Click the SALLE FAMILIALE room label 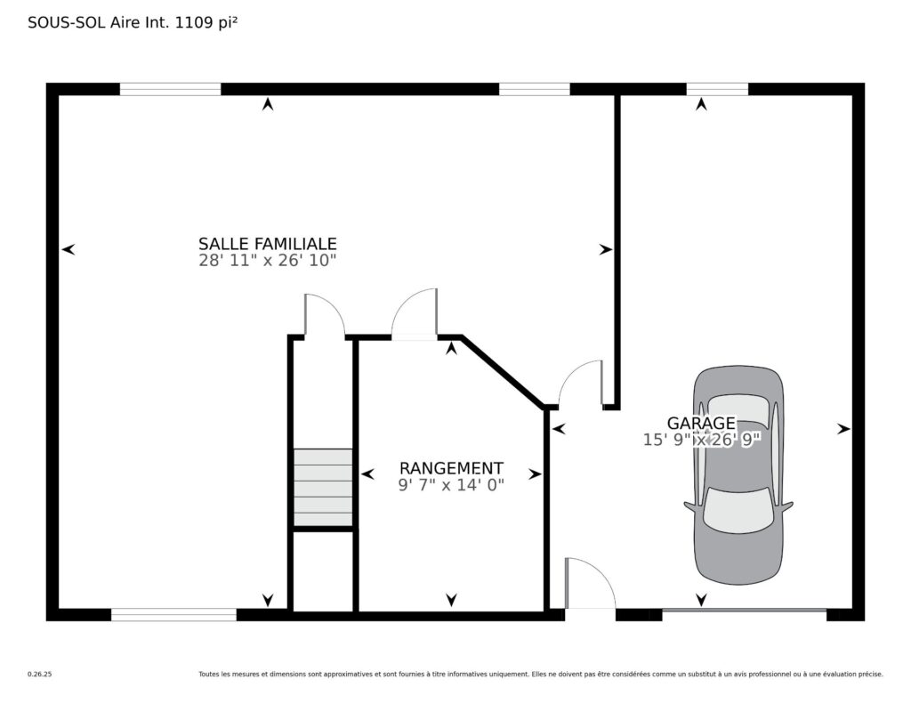pyautogui.click(x=267, y=244)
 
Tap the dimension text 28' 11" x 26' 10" pyautogui.click(x=267, y=261)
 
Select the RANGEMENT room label pyautogui.click(x=451, y=468)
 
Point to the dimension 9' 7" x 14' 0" pyautogui.click(x=451, y=485)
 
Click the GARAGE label pyautogui.click(x=701, y=424)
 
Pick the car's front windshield pyautogui.click(x=738, y=510)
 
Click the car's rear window pyautogui.click(x=738, y=409)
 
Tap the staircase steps pyautogui.click(x=323, y=487)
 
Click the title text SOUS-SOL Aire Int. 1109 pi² pyautogui.click(x=133, y=22)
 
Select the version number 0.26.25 pyautogui.click(x=39, y=675)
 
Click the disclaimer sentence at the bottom pyautogui.click(x=541, y=675)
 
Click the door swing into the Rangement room pyautogui.click(x=414, y=313)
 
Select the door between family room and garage pyautogui.click(x=581, y=383)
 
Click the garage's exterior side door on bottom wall pyautogui.click(x=591, y=583)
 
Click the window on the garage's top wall pyautogui.click(x=717, y=90)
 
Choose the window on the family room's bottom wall pyautogui.click(x=173, y=614)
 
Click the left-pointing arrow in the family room pyautogui.click(x=69, y=249)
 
